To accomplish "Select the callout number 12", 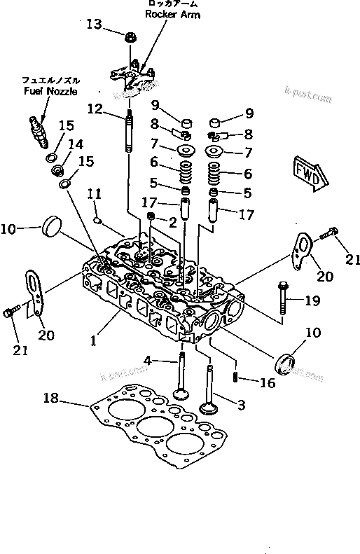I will point(95,109).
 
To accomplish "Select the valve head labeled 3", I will point(209,408).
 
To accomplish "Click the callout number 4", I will point(148,360).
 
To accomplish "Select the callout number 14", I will point(75,145).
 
